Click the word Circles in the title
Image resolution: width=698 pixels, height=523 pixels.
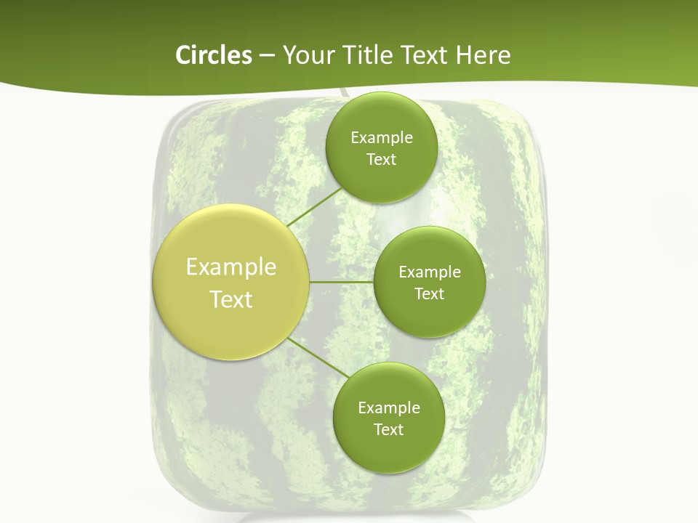(214, 55)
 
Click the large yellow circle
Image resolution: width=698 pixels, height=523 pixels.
(231, 283)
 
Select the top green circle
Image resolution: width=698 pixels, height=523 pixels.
(381, 148)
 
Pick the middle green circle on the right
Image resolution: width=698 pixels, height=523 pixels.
(429, 282)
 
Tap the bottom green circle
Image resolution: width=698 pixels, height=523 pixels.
(388, 418)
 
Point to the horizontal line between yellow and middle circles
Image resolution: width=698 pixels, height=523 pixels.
(341, 282)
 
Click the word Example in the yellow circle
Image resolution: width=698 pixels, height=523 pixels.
(231, 267)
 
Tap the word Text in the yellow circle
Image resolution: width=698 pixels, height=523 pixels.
(231, 299)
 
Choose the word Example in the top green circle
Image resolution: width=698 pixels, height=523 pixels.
(381, 138)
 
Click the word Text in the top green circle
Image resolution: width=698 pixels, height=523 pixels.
(381, 160)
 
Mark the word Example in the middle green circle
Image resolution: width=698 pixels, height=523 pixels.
(429, 272)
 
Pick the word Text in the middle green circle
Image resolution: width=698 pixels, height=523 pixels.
(429, 294)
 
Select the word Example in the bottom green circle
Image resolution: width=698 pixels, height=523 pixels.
(388, 408)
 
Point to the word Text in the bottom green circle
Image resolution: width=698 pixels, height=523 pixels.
(388, 430)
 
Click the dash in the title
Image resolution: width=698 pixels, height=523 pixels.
(266, 56)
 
